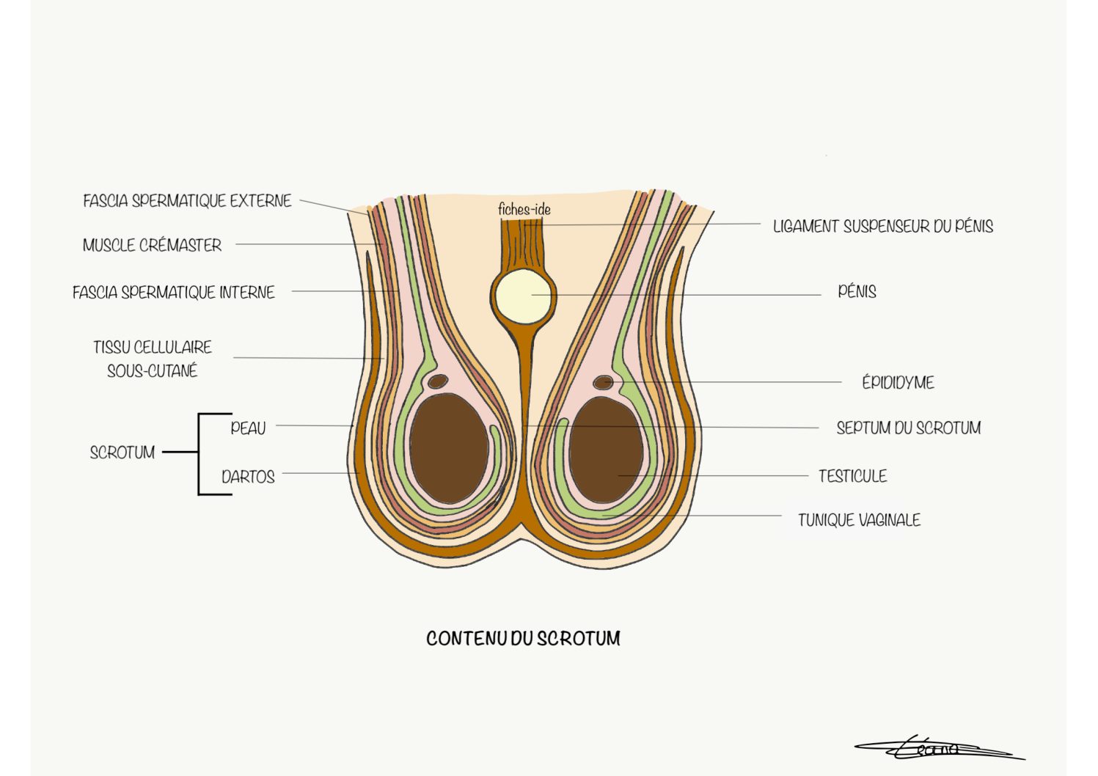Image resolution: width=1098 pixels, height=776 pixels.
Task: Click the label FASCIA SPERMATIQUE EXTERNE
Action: pos(187,201)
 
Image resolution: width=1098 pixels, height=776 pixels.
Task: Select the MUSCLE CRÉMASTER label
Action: pos(152,245)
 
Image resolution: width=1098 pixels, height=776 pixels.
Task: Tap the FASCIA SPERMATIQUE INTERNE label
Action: pos(174,293)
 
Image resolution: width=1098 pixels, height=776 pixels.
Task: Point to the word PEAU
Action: pos(248,428)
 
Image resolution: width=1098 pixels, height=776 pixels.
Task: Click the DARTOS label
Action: pos(248,477)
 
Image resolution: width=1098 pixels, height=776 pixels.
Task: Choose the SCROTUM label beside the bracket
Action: pos(122,452)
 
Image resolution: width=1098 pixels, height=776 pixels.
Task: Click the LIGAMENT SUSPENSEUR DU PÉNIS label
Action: pos(883,227)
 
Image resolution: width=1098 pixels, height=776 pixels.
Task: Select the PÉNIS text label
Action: pos(857,292)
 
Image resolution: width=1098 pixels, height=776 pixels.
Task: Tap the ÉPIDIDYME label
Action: pos(898,382)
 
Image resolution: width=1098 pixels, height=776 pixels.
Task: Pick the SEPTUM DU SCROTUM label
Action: pos(909,428)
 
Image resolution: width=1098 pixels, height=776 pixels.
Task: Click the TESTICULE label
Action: pos(853,476)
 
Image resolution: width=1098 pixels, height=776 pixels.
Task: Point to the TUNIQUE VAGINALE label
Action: pos(860,520)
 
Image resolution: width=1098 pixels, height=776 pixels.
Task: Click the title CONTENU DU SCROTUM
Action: pos(523,638)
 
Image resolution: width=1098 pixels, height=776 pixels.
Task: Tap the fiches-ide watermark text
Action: pos(524,209)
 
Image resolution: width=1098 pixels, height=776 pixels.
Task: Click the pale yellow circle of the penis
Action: pos(523,296)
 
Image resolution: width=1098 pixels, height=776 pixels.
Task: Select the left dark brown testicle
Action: pos(449,448)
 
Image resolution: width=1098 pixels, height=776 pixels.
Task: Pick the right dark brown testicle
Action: pos(606,450)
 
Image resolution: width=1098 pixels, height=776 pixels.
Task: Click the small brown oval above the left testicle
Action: pos(438,381)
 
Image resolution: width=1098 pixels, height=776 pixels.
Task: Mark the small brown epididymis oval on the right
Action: pos(603,382)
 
